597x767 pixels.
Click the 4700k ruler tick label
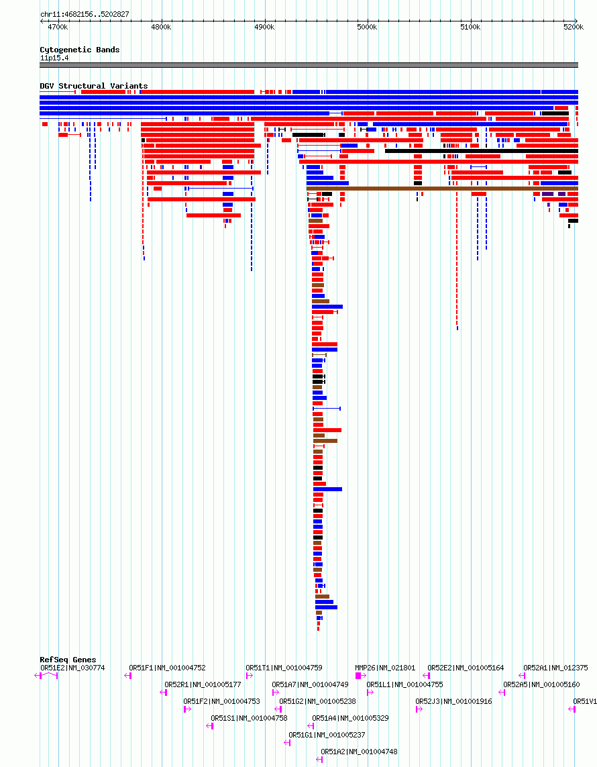coord(58,27)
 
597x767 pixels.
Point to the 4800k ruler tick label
coord(161,27)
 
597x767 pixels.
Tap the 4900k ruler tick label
coord(264,27)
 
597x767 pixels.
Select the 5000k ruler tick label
coord(367,27)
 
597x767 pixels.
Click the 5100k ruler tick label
coord(470,27)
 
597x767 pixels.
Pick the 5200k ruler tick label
coord(574,27)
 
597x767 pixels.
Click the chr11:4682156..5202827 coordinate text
coord(85,14)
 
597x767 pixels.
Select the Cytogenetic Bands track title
coord(79,50)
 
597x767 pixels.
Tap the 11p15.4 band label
coord(54,58)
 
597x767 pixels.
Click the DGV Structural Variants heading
coord(93,86)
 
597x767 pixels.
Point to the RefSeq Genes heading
coord(68,660)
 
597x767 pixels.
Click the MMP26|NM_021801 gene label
coord(385,668)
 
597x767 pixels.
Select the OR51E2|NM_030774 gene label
coord(72,668)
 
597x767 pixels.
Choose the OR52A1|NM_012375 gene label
coord(555,668)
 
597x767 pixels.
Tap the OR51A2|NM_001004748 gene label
coord(359,752)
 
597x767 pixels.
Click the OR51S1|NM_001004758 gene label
coord(249,718)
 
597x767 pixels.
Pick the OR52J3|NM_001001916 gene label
coord(453,701)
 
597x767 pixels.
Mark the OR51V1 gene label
coord(584,701)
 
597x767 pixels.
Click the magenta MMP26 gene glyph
coord(360,676)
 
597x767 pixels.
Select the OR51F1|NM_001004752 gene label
coord(167,668)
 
